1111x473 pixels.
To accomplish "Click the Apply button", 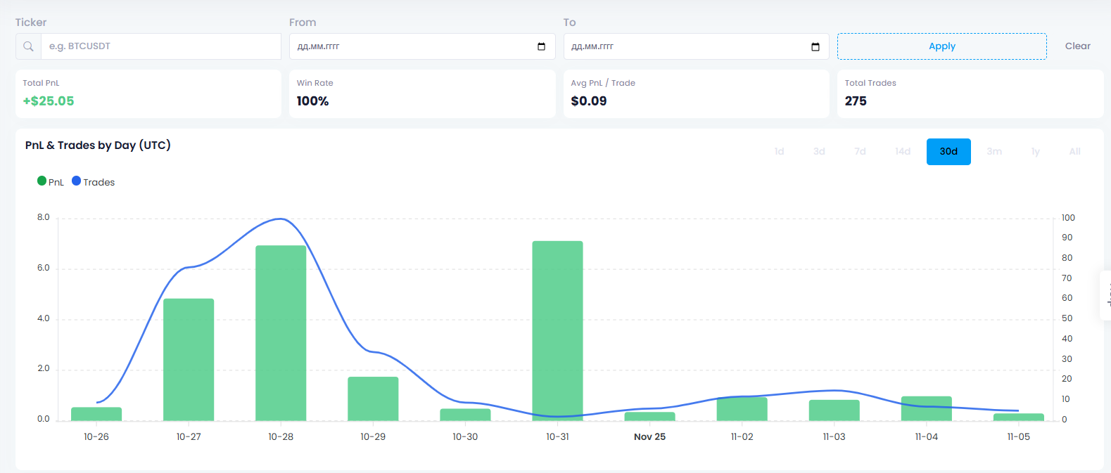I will [x=941, y=46].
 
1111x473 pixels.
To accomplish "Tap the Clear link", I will [x=1077, y=46].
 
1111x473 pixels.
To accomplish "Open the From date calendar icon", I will [x=541, y=47].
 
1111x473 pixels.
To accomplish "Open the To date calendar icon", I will [x=815, y=47].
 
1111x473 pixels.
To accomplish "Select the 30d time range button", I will [x=948, y=152].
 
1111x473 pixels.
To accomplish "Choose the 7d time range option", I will [x=860, y=152].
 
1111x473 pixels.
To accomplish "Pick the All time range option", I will [x=1074, y=152].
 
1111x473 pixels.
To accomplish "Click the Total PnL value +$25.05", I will [x=49, y=101].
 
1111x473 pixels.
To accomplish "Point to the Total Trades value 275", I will [x=856, y=101].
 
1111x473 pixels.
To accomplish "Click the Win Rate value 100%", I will [x=312, y=101].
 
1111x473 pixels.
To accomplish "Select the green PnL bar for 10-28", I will [x=281, y=333].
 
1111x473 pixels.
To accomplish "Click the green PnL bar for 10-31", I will [x=557, y=330].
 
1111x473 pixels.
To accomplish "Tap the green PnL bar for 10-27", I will [x=189, y=360].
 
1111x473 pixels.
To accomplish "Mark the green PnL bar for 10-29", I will [x=373, y=399].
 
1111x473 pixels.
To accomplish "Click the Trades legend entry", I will [x=94, y=182].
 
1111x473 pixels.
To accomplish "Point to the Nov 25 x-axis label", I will [x=649, y=437].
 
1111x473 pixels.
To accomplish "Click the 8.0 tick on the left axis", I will [x=44, y=218].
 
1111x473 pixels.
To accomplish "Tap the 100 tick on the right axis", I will [x=1068, y=218].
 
